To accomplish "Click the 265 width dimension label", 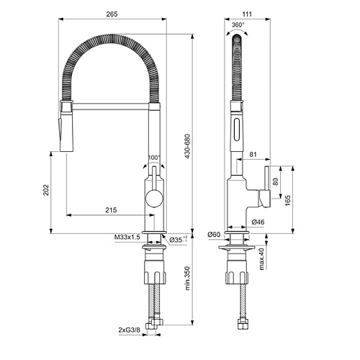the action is pyautogui.click(x=112, y=14).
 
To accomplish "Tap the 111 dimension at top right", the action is pyautogui.click(x=247, y=14).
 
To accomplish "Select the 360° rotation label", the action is pyautogui.click(x=238, y=24).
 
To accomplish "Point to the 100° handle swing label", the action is pyautogui.click(x=154, y=158).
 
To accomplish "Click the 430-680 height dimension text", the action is pyautogui.click(x=188, y=146).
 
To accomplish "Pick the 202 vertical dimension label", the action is pyautogui.click(x=46, y=190).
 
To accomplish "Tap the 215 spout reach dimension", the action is pyautogui.click(x=111, y=210).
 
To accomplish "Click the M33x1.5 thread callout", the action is pyautogui.click(x=127, y=238).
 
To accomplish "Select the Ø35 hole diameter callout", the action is pyautogui.click(x=178, y=239).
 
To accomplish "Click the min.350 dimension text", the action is pyautogui.click(x=188, y=278).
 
